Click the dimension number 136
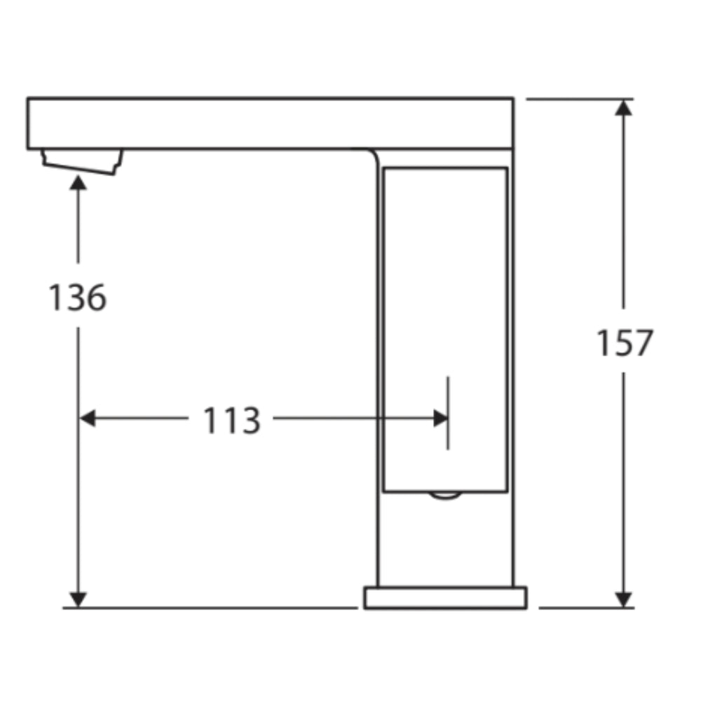[77, 297]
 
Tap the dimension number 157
[625, 343]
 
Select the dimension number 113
[231, 420]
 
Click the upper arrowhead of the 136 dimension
[79, 182]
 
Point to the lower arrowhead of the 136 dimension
[79, 599]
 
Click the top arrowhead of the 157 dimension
[623, 108]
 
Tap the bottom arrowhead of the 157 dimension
[623, 599]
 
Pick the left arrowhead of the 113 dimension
[88, 418]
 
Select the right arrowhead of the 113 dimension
[440, 418]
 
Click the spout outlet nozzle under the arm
[82, 161]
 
